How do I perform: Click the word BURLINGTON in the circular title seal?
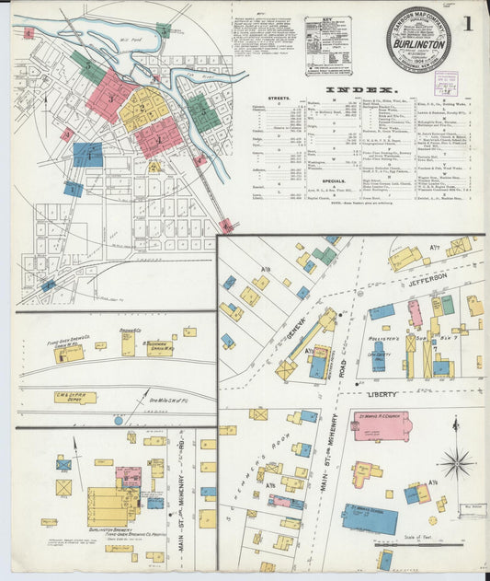[418, 43]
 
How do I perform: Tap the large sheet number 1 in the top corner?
[468, 23]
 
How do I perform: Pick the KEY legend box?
[328, 46]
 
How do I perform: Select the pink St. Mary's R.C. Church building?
[382, 426]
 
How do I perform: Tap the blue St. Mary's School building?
[370, 517]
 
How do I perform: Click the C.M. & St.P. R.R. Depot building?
[75, 398]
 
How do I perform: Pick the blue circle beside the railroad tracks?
[118, 420]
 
